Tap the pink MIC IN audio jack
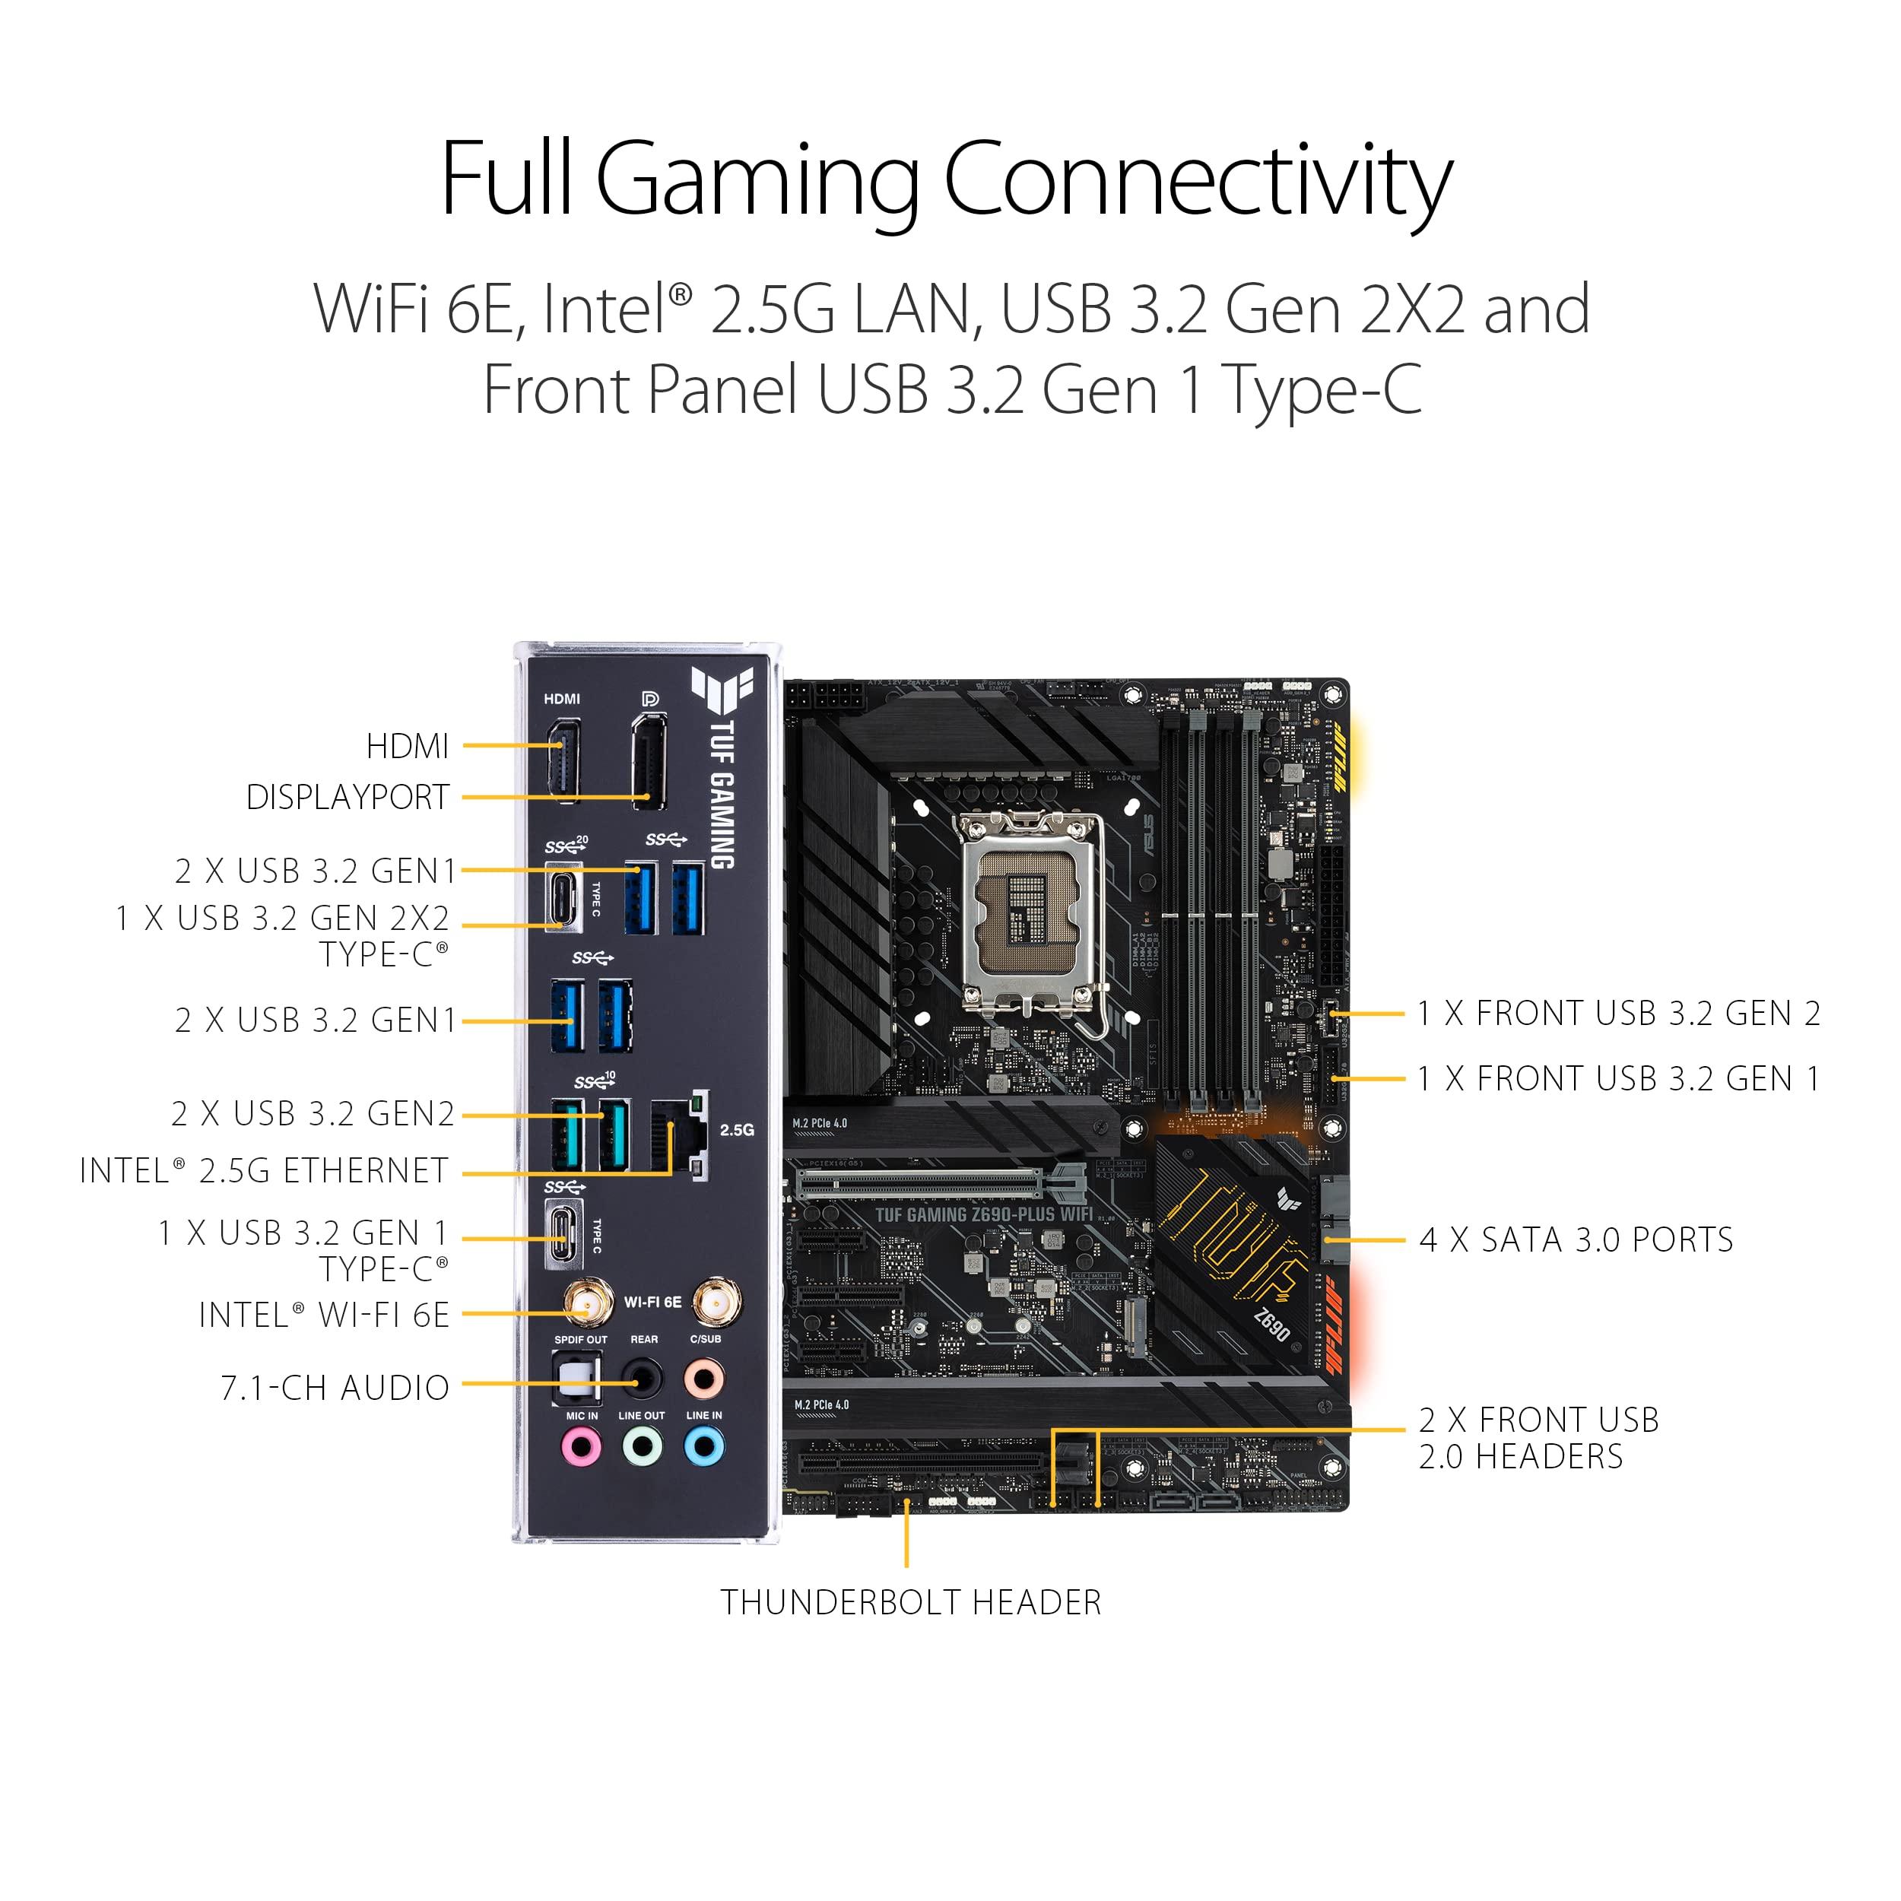pyautogui.click(x=580, y=1446)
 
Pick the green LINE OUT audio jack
pyautogui.click(x=642, y=1446)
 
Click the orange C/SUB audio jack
pyautogui.click(x=705, y=1379)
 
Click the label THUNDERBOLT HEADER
pyautogui.click(x=910, y=1603)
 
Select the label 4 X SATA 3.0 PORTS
pyautogui.click(x=1576, y=1239)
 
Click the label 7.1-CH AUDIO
pyautogui.click(x=335, y=1388)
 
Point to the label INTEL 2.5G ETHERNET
pyautogui.click(x=264, y=1171)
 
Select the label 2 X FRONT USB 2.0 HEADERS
pyautogui.click(x=1538, y=1438)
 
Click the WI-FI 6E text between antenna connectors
pyautogui.click(x=652, y=1302)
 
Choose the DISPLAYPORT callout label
pyautogui.click(x=348, y=797)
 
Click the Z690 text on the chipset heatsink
pyautogui.click(x=1271, y=1325)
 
